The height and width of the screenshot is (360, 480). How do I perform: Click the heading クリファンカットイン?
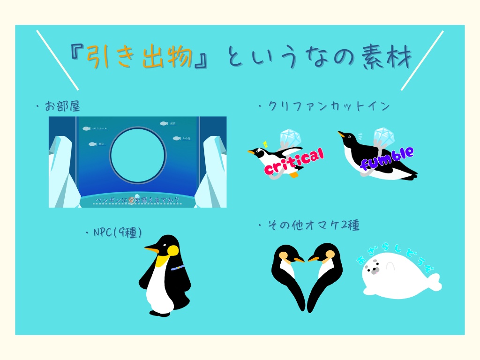[x=329, y=106]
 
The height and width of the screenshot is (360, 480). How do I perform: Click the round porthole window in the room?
[x=138, y=155]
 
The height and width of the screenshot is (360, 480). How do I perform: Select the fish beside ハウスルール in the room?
[x=86, y=128]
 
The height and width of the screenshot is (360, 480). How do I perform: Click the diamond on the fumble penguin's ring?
[x=384, y=135]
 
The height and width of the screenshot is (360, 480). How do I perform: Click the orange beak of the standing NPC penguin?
[x=151, y=249]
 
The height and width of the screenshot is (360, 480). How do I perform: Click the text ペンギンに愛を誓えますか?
[x=138, y=201]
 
